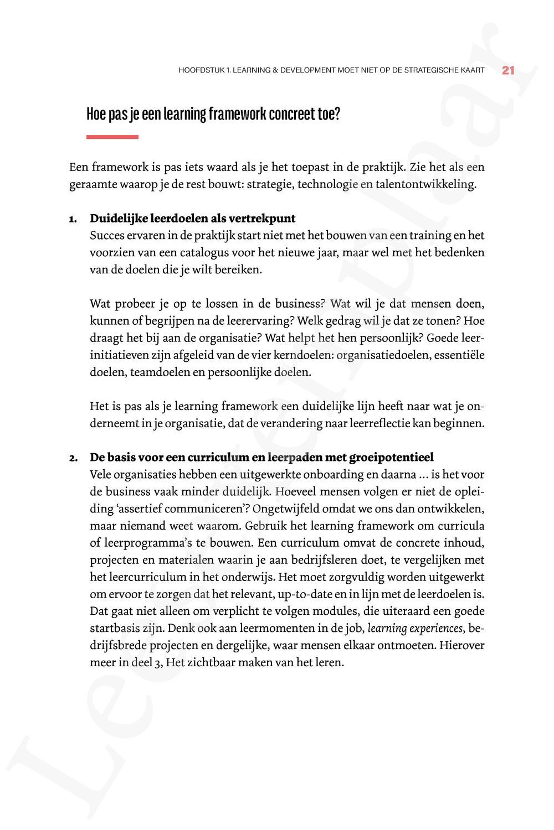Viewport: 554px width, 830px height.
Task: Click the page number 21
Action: click(x=508, y=70)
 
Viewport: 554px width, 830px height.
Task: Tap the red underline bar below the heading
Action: click(x=112, y=137)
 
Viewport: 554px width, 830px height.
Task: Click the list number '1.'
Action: click(x=73, y=219)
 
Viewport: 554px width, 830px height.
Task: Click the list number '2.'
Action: click(x=73, y=458)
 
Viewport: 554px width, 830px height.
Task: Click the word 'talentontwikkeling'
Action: click(x=425, y=184)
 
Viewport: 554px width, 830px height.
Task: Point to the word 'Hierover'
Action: click(x=462, y=645)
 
